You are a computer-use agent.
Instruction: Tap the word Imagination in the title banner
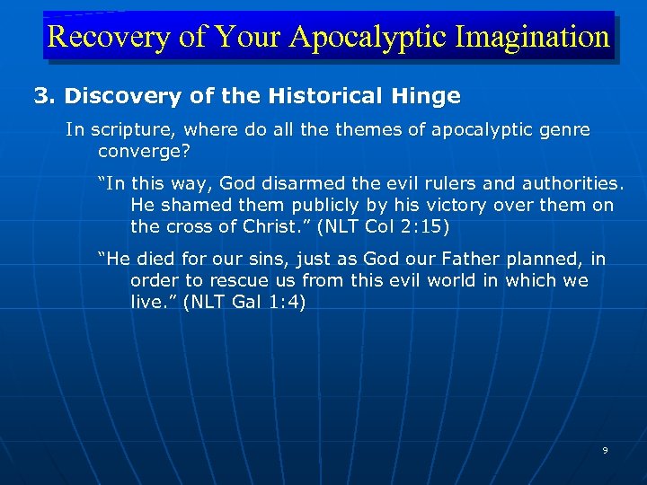[x=532, y=37]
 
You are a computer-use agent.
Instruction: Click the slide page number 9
[x=605, y=450]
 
